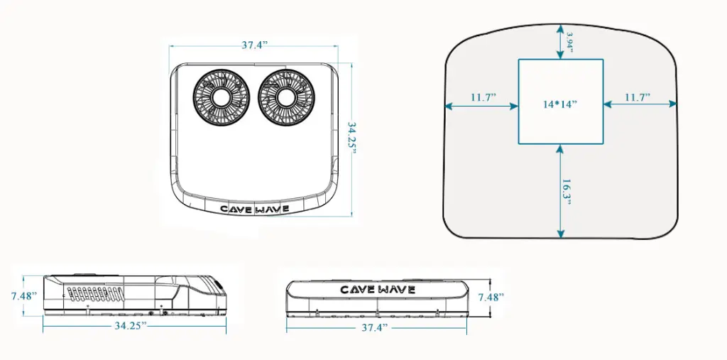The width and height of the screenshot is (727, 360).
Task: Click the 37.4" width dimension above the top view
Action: (254, 45)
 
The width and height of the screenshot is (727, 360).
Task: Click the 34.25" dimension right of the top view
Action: (351, 141)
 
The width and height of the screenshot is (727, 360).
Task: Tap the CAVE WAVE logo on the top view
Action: (254, 209)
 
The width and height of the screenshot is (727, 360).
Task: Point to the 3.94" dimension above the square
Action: (569, 43)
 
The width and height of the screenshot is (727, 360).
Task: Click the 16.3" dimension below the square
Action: (569, 191)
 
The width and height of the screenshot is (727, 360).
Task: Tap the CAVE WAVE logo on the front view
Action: (377, 290)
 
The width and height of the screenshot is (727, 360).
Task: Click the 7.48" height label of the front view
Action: (490, 297)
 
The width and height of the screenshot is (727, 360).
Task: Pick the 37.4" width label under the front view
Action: (377, 328)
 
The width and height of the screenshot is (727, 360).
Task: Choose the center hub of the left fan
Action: (222, 97)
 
